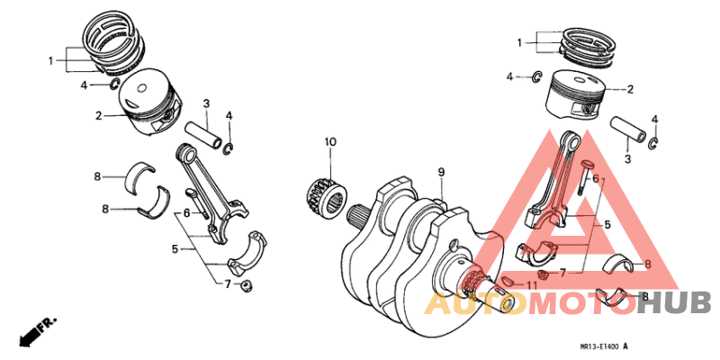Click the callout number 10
(330, 142)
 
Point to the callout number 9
(442, 172)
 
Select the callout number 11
(532, 285)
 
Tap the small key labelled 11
(509, 282)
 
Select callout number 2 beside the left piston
(100, 115)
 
